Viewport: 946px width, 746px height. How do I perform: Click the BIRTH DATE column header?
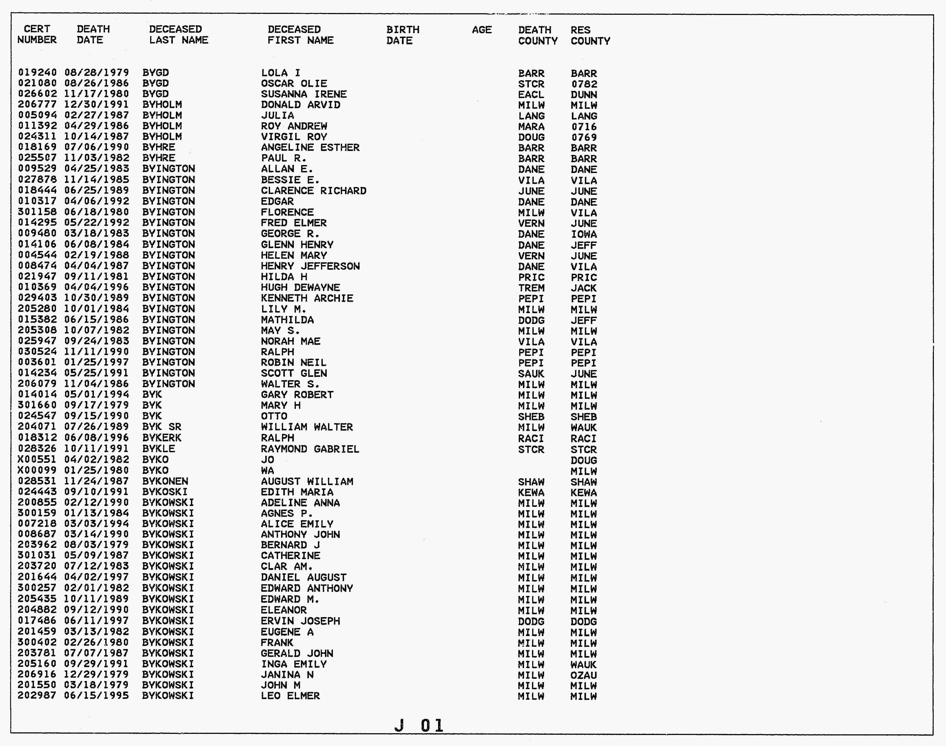click(x=402, y=35)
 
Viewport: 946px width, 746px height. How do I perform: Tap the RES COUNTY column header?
click(x=590, y=35)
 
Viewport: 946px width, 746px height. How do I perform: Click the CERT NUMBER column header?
click(x=37, y=35)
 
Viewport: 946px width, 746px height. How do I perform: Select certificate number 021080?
click(x=37, y=84)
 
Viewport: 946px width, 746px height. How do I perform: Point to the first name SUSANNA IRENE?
click(x=304, y=94)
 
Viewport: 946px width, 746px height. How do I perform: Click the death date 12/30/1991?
click(x=97, y=105)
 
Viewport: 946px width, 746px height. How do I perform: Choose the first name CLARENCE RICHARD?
click(x=313, y=191)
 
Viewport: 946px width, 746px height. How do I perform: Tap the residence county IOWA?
click(x=583, y=234)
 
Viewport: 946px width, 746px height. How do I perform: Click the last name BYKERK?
click(x=162, y=438)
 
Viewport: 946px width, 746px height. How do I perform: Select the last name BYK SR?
click(x=162, y=427)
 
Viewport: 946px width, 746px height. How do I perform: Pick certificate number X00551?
click(x=37, y=460)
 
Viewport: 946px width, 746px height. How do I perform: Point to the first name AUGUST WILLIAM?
click(x=307, y=481)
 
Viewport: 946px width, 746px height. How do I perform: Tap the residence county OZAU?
click(x=583, y=675)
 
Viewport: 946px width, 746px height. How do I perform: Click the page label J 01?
click(x=419, y=726)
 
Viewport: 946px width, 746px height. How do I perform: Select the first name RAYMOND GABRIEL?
click(x=310, y=449)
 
